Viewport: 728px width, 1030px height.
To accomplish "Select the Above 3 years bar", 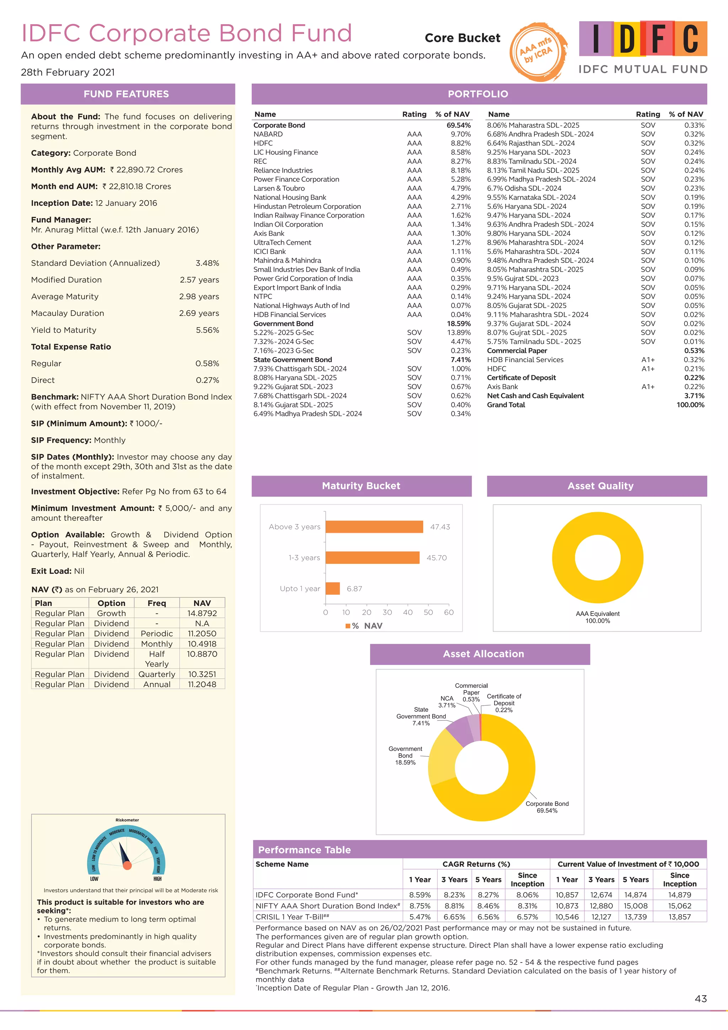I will (x=374, y=527).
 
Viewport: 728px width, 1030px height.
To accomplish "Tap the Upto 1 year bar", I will (x=333, y=588).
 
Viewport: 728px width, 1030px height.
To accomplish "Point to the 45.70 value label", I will (x=436, y=558).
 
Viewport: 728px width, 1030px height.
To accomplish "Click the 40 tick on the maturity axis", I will (x=407, y=612).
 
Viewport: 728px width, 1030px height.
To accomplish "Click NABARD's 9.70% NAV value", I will (x=460, y=134).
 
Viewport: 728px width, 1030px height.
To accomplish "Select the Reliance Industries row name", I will (x=283, y=170).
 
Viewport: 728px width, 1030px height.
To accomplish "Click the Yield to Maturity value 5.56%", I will (x=207, y=330).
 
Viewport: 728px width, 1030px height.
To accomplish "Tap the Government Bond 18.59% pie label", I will (x=405, y=755).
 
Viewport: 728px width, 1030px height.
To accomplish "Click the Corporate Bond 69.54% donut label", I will (x=547, y=807).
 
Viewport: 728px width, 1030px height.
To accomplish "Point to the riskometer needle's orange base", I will (x=127, y=865).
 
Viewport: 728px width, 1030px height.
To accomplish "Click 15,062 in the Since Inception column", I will (x=679, y=906).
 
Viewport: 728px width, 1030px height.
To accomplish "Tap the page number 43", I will (x=700, y=999).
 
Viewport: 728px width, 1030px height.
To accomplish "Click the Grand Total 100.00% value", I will (x=690, y=405).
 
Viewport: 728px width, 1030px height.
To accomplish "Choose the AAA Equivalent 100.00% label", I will (x=598, y=617).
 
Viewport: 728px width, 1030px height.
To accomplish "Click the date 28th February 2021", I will (x=68, y=72).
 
